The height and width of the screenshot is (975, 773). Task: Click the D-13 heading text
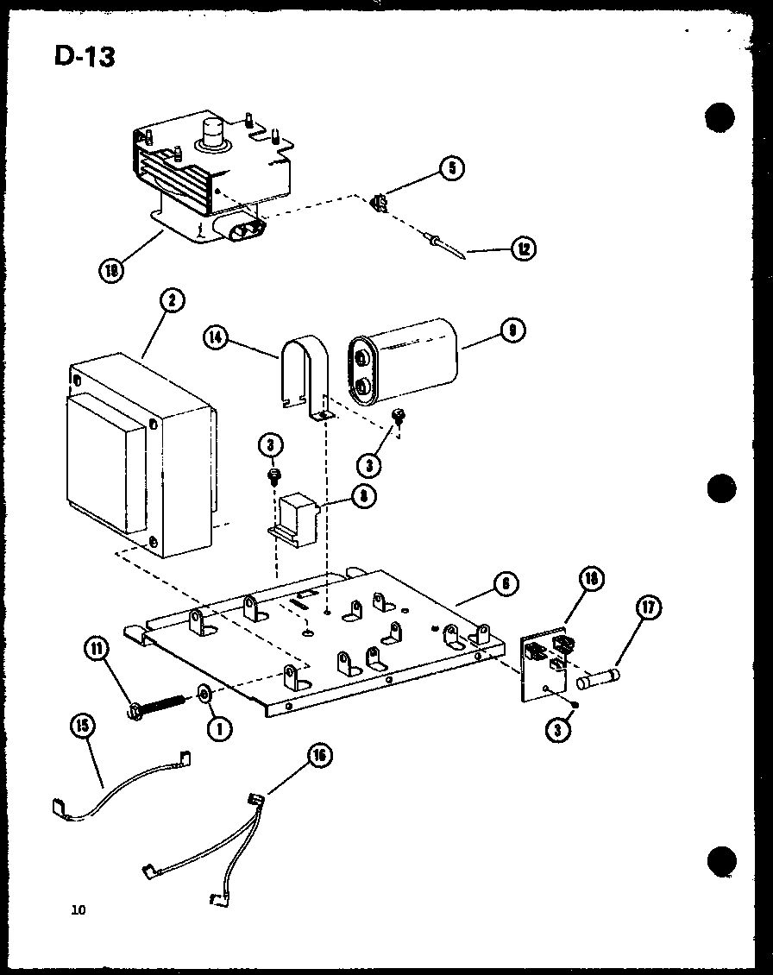pos(84,56)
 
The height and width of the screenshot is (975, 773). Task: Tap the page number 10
pos(79,909)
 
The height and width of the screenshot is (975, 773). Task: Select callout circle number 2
pos(172,301)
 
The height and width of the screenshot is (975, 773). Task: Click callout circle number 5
pos(450,168)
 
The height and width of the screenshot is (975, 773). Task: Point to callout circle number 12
pos(522,250)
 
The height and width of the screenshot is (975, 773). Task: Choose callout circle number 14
pos(217,337)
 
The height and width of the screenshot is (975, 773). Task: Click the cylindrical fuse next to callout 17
pos(599,680)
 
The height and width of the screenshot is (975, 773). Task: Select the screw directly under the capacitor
pos(399,417)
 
